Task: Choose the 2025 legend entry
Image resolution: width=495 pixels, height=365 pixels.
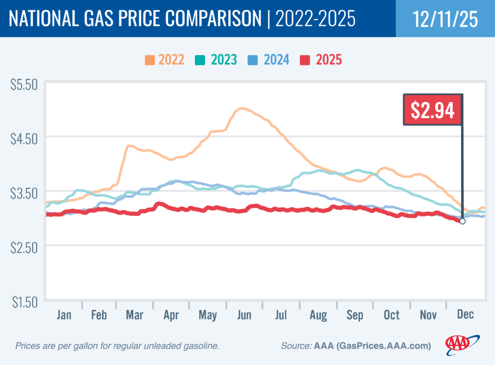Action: [x=321, y=59]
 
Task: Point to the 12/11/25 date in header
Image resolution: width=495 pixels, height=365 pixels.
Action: [x=445, y=19]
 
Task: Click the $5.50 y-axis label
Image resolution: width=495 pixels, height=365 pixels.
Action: [x=23, y=84]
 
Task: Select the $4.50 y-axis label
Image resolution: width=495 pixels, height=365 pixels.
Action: [x=23, y=139]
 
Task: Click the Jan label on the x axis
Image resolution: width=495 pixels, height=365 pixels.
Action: [x=63, y=315]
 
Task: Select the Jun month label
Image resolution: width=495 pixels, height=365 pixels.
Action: [x=244, y=315]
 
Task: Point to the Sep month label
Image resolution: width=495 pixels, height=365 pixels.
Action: [x=354, y=315]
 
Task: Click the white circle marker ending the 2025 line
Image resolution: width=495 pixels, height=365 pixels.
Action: [x=462, y=221]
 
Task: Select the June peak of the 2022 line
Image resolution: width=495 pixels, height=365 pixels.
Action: [x=242, y=108]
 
